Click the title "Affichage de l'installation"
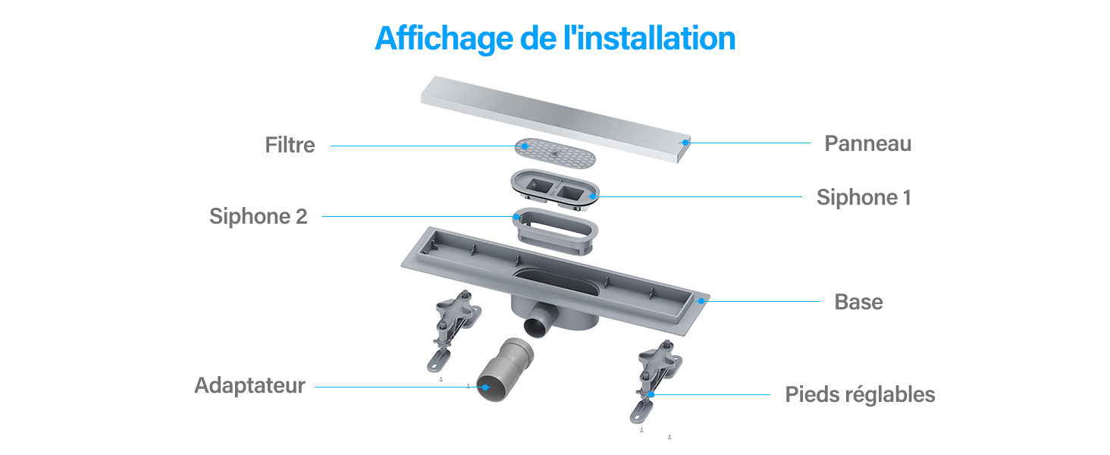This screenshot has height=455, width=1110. (x=555, y=39)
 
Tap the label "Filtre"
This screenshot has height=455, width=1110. (x=290, y=146)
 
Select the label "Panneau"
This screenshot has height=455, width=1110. (x=867, y=144)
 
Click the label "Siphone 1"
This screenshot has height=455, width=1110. (x=864, y=197)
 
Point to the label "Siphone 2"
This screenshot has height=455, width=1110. (x=259, y=217)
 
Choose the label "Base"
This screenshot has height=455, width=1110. (x=858, y=302)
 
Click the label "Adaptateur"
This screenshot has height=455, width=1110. (x=249, y=385)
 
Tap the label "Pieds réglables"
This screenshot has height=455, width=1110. (x=860, y=395)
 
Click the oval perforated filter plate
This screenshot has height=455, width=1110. (x=555, y=153)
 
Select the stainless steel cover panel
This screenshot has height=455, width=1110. (x=555, y=119)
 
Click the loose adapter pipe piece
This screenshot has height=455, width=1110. (x=505, y=369)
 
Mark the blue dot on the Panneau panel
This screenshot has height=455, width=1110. (x=685, y=143)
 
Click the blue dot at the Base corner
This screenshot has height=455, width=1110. (x=701, y=301)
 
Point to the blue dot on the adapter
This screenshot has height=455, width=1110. (x=485, y=388)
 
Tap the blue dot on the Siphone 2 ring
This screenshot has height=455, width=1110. (x=516, y=217)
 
